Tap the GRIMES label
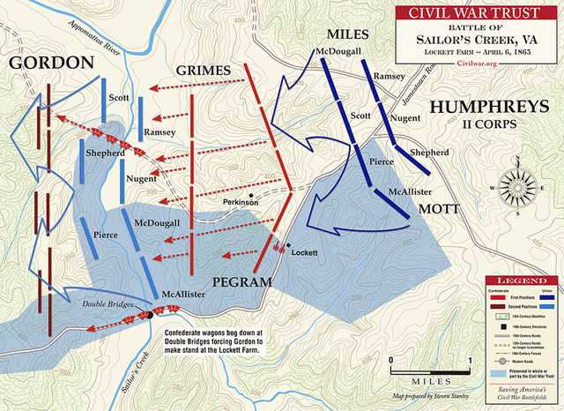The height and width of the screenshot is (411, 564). (203, 70)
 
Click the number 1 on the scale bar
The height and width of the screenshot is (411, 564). (471, 360)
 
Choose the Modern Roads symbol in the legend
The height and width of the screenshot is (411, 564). (500, 360)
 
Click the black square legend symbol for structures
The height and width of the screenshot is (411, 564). (500, 326)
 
